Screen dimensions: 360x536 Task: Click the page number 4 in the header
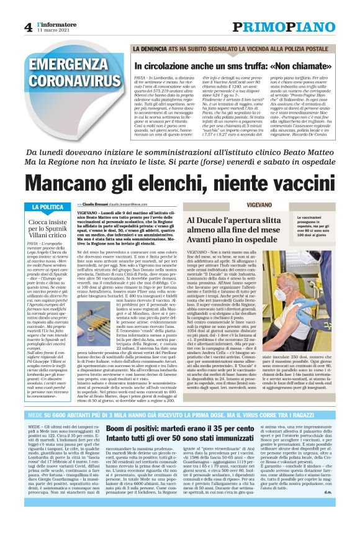[x=29, y=27]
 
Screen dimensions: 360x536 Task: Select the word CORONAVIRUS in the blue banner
[x=65, y=81]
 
